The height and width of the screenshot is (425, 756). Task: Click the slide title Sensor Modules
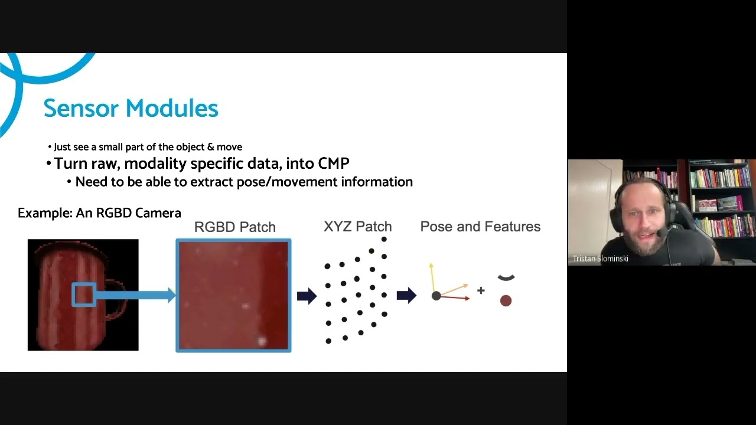click(131, 108)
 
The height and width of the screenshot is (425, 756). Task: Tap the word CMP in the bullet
click(333, 164)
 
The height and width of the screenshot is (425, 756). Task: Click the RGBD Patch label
click(235, 227)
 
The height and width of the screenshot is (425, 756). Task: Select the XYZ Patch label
click(358, 227)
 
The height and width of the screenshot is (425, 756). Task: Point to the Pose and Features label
click(480, 227)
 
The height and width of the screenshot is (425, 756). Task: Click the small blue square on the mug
click(84, 295)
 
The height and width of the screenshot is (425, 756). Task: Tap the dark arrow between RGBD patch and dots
click(307, 296)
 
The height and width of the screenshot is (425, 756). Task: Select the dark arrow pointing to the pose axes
click(407, 296)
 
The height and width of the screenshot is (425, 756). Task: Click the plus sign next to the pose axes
click(481, 290)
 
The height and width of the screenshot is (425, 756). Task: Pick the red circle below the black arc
click(506, 300)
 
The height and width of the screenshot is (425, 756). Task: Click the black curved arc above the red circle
click(506, 278)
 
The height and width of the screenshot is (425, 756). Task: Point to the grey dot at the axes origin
click(436, 296)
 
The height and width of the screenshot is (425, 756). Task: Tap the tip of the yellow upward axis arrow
click(431, 263)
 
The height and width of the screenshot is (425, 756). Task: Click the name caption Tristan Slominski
click(601, 259)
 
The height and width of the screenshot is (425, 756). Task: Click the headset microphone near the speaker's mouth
click(661, 233)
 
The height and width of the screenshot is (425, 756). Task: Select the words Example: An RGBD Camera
click(100, 213)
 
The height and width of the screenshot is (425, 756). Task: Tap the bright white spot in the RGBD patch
click(262, 341)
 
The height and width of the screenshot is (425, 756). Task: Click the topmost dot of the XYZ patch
click(384, 240)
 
